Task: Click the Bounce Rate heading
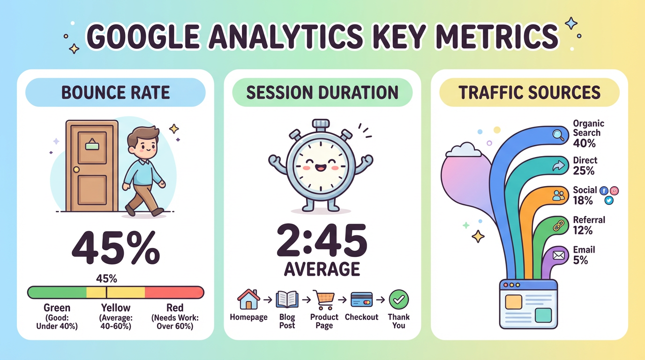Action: tap(115, 92)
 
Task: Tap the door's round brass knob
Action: tap(76, 169)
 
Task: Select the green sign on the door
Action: tap(92, 146)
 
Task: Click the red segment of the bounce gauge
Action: tap(174, 292)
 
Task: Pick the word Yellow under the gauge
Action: tap(116, 308)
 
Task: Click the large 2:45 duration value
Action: tap(322, 241)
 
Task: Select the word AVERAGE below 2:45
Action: tap(322, 269)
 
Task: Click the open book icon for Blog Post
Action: tap(287, 299)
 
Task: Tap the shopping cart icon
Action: tap(324, 299)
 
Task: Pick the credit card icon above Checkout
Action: tap(361, 299)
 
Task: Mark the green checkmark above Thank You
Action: tap(399, 299)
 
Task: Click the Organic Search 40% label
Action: tap(588, 133)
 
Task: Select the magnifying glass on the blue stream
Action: tap(559, 135)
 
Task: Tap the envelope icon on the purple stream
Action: tap(559, 255)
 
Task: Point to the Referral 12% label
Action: tap(589, 225)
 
